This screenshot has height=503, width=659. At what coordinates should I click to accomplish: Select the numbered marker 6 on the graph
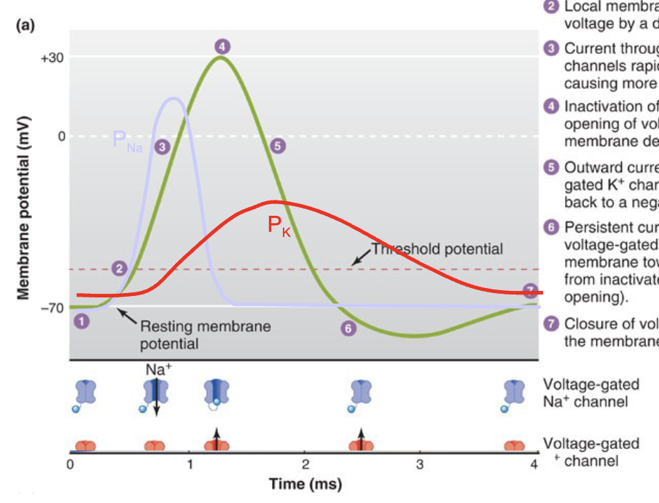coord(348,329)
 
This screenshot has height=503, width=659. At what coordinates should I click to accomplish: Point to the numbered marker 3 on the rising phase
coord(163,147)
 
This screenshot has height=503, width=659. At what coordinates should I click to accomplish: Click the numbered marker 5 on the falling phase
coord(278,146)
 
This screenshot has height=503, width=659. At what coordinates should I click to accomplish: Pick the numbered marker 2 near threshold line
coord(120,268)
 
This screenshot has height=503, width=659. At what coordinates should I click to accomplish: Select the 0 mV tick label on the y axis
coord(61,136)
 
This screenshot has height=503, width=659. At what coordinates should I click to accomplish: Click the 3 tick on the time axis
coord(420,465)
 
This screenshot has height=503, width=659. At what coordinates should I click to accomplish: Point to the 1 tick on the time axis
coord(190,465)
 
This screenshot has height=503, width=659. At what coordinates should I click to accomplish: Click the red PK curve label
coord(278,226)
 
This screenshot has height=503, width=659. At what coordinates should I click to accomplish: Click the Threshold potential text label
coord(437,249)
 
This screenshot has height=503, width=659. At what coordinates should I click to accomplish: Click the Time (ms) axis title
coord(305,484)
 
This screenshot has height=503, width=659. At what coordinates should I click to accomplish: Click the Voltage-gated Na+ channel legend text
coord(591,393)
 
